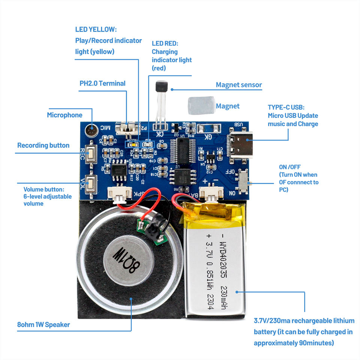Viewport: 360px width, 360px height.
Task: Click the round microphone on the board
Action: (x=91, y=130)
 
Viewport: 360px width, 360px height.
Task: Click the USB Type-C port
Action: (x=242, y=144)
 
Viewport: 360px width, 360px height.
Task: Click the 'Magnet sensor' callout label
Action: (x=239, y=85)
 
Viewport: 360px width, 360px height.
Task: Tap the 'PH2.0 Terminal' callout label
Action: (x=102, y=83)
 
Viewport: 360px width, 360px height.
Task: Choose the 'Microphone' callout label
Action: (x=64, y=115)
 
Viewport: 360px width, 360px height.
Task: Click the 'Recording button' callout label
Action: (x=43, y=145)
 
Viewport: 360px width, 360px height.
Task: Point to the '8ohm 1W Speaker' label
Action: (x=43, y=324)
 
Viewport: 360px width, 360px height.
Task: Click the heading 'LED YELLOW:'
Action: (x=96, y=29)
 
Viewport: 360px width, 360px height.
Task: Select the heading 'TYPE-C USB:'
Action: (x=286, y=107)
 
